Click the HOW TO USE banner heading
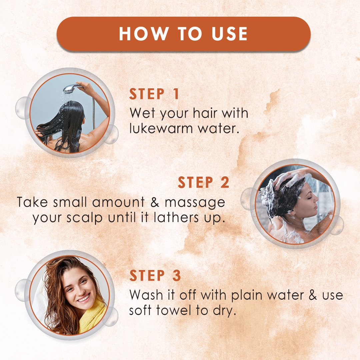tap(183, 34)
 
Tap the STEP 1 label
tap(154, 94)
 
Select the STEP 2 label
tap(203, 182)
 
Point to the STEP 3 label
tap(155, 275)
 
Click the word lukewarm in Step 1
tap(161, 128)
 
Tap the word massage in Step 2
tap(195, 203)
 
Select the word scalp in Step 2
tap(84, 218)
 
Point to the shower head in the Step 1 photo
tap(72, 88)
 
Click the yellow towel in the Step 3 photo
tap(93, 315)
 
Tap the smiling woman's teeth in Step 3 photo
tap(83, 299)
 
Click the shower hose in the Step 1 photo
tap(93, 113)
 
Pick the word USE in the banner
tap(229, 34)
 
